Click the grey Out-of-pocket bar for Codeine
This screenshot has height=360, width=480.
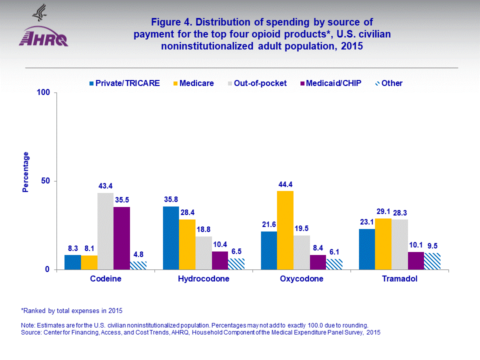(x=105, y=231)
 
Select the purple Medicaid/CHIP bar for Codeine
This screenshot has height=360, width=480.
(x=121, y=238)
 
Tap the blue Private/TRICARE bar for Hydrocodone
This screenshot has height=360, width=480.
(x=170, y=237)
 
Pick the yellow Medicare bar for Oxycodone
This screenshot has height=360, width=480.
(x=285, y=230)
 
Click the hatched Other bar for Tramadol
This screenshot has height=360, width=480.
(x=432, y=261)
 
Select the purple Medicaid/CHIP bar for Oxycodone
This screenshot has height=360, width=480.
(x=317, y=262)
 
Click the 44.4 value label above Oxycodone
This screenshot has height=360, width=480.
(x=285, y=184)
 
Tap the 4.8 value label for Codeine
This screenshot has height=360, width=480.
(x=138, y=254)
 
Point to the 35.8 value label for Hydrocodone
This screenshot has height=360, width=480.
(x=170, y=199)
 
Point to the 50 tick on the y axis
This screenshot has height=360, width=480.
(x=45, y=181)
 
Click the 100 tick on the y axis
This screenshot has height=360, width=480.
(x=44, y=93)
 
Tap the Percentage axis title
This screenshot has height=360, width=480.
(x=25, y=171)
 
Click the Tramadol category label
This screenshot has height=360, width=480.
(x=399, y=279)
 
